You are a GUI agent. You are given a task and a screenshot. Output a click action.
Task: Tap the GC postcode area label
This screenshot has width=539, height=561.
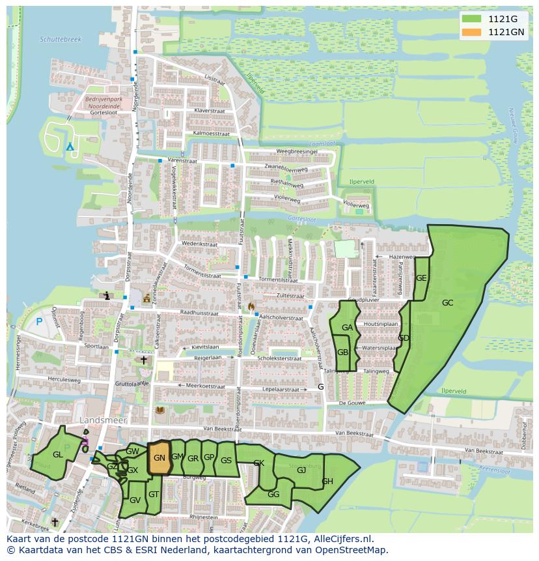(447, 303)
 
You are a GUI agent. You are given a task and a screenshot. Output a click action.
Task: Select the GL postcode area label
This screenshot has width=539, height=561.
(58, 454)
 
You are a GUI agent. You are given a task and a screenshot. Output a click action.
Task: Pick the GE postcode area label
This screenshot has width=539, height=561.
(421, 278)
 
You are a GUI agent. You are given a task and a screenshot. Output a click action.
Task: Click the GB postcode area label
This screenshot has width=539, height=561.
(343, 352)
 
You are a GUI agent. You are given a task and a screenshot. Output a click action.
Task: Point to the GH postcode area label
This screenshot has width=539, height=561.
(327, 482)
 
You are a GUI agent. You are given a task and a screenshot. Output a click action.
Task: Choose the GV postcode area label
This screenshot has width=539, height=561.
(135, 500)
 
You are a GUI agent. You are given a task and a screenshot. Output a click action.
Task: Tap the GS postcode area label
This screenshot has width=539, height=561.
(226, 461)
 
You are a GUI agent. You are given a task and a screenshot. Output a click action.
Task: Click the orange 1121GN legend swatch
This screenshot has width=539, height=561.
(473, 32)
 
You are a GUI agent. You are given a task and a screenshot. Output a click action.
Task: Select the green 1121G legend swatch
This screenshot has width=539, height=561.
(473, 19)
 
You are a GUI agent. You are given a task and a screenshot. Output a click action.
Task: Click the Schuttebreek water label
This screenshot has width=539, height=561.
(61, 40)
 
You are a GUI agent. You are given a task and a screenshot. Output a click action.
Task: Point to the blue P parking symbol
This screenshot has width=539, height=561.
(39, 321)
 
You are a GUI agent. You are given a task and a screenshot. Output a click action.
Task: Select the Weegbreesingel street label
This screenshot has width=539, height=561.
(297, 151)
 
